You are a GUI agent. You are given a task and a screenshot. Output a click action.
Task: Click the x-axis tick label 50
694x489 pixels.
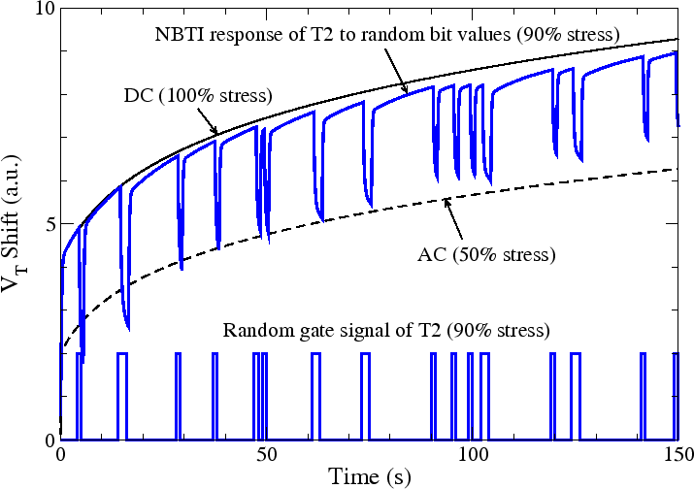(x=267, y=455)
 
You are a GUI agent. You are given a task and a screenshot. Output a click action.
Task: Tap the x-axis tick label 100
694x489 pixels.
(x=473, y=455)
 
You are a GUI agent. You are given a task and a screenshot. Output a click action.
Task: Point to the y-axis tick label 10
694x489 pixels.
(x=44, y=10)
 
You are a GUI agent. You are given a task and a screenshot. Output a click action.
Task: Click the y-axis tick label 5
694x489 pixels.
(x=48, y=224)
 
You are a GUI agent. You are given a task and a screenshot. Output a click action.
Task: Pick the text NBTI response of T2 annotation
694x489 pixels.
(x=386, y=33)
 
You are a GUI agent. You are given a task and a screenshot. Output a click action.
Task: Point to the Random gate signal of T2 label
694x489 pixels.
(x=386, y=329)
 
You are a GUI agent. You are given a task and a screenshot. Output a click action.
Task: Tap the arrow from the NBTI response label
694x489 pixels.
(x=396, y=73)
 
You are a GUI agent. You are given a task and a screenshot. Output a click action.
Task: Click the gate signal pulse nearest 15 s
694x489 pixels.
(x=121, y=355)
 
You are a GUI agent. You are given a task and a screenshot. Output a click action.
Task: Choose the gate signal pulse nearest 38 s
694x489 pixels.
(x=215, y=355)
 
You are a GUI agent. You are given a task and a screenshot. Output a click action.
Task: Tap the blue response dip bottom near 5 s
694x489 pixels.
(x=83, y=361)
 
